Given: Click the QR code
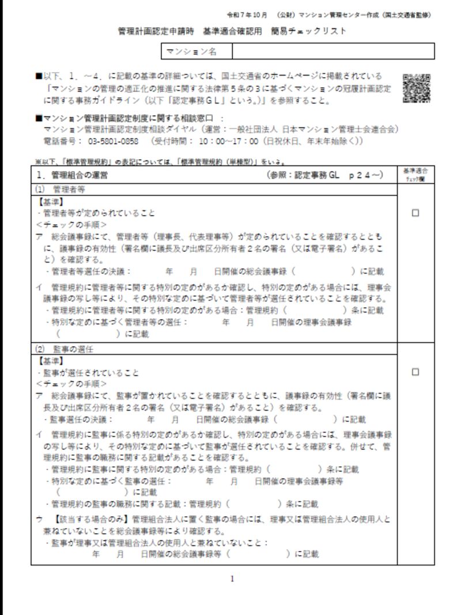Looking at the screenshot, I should pos(416,88).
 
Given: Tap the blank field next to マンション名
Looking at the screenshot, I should pos(332,52).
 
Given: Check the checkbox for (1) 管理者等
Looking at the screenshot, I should pos(415,213).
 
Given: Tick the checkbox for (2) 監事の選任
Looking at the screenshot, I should pos(415,372).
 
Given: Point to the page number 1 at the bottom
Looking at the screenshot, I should pos(232,579).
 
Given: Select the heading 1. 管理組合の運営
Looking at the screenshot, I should pos(75,174).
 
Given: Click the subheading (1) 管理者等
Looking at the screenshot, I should pos(60,189).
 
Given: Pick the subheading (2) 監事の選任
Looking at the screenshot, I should pos(65,349).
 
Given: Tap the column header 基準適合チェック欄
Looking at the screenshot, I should pos(415,174).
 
